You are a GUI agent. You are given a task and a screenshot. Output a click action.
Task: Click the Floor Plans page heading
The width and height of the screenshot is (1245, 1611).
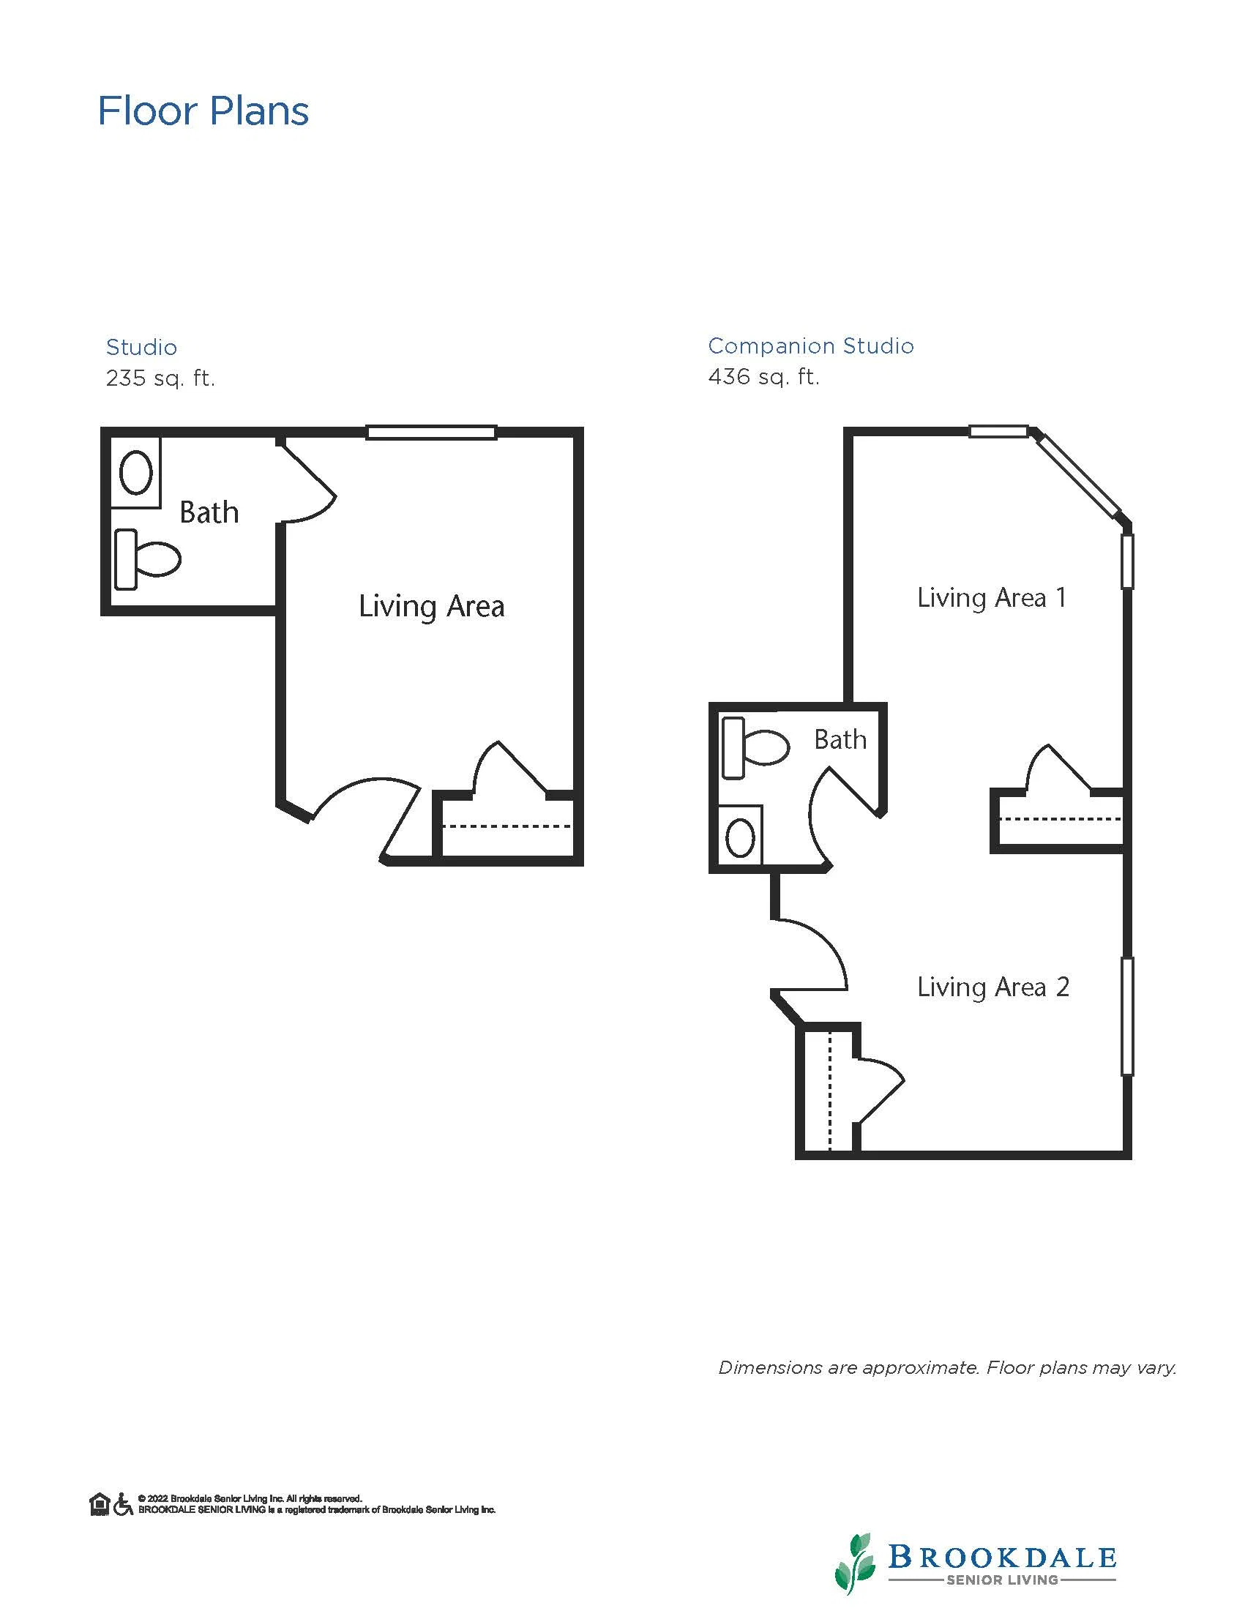click(x=203, y=111)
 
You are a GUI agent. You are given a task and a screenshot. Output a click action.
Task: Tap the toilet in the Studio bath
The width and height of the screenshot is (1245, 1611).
click(x=148, y=559)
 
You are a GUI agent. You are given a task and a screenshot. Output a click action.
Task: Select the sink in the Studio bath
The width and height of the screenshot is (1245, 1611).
click(x=135, y=472)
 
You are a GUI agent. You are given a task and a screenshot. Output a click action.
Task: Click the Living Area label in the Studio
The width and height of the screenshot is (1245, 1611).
click(x=432, y=606)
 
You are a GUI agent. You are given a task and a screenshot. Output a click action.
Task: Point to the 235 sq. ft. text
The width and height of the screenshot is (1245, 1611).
click(x=160, y=378)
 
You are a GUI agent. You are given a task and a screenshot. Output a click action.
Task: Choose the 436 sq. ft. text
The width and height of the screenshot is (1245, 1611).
click(x=763, y=377)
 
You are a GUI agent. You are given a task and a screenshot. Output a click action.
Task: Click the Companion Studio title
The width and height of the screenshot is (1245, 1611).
click(x=810, y=345)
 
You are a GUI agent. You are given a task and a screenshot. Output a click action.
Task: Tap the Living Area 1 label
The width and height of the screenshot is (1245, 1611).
click(x=992, y=597)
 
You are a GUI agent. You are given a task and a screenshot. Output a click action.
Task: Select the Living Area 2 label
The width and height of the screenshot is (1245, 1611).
click(x=992, y=987)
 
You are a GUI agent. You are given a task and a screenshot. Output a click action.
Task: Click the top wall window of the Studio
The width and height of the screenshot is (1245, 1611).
click(x=432, y=433)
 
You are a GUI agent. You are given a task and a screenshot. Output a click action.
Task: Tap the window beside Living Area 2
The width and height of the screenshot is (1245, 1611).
click(x=1127, y=1016)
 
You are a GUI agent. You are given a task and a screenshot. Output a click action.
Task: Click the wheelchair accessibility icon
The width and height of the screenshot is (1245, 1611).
click(x=123, y=1504)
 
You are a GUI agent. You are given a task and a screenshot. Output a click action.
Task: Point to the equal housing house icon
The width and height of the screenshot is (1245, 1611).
click(x=100, y=1504)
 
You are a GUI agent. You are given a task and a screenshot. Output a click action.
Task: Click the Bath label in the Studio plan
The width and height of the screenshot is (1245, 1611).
click(x=209, y=512)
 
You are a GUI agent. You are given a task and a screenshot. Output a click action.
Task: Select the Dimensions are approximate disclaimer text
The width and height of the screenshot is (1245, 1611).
click(x=948, y=1368)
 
